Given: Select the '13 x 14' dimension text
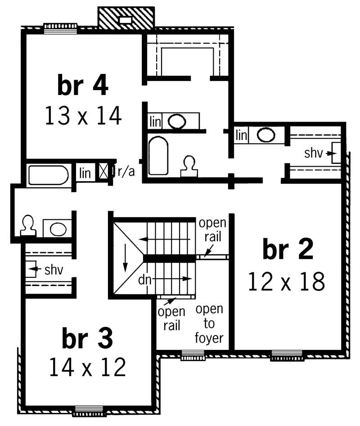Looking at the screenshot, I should click(83, 116).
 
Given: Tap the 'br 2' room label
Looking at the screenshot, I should click(288, 251).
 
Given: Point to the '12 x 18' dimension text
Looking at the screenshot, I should click(287, 282).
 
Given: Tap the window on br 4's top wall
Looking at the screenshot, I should click(60, 28).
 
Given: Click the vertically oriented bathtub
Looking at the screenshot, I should click(158, 155).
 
